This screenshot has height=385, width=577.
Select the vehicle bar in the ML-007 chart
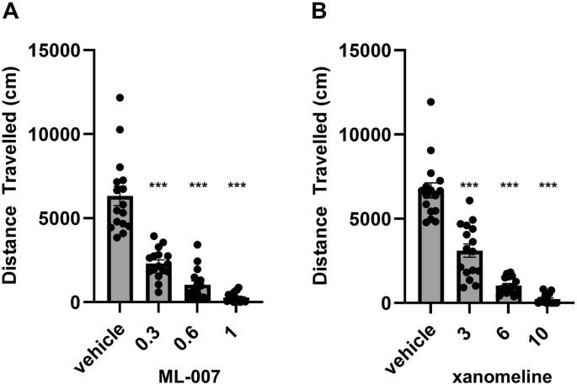120,253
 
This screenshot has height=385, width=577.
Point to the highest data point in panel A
120,99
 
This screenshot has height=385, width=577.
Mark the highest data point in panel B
431,102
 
